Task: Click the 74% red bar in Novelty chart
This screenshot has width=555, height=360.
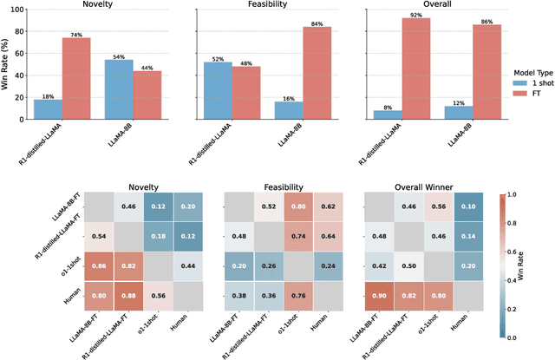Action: click(75, 79)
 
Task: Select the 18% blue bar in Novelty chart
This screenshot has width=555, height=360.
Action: click(48, 109)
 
